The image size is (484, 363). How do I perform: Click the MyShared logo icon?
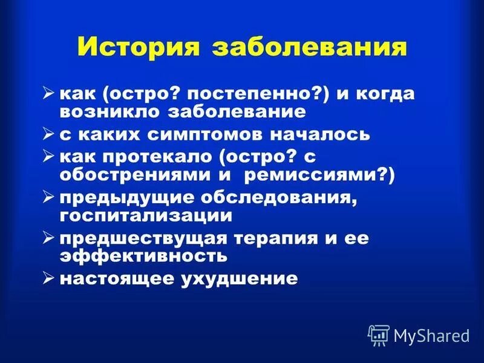(378, 333)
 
